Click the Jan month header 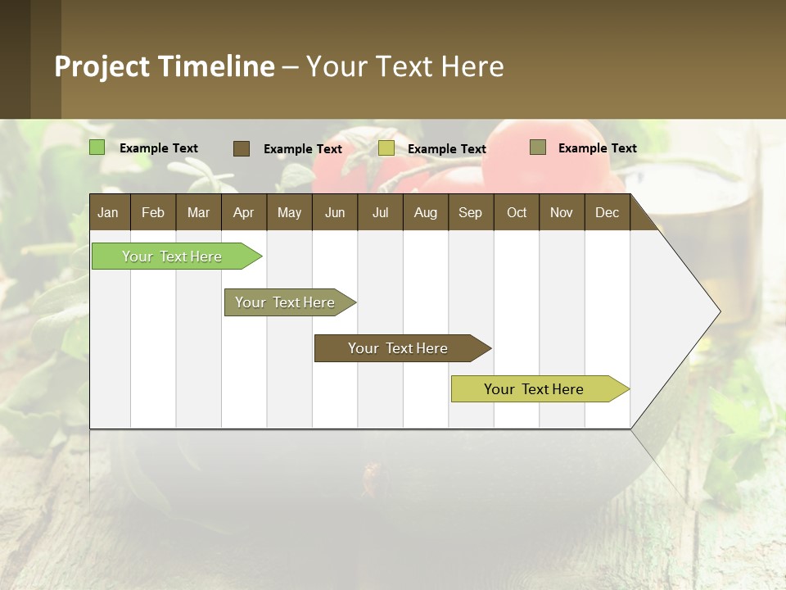coord(109,213)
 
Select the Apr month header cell coord(243,213)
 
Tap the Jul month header coord(380,213)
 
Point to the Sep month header coord(470,213)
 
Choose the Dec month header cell coord(607,213)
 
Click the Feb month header coord(153,213)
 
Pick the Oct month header coord(516,213)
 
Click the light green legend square coord(97,147)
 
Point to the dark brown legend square coord(242,148)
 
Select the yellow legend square coord(386,148)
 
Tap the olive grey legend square coord(538,147)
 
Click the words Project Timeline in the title coord(165,66)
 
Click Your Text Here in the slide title coord(404,66)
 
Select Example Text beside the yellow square coord(446,149)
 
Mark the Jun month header coord(335,213)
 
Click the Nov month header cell coord(562,213)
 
